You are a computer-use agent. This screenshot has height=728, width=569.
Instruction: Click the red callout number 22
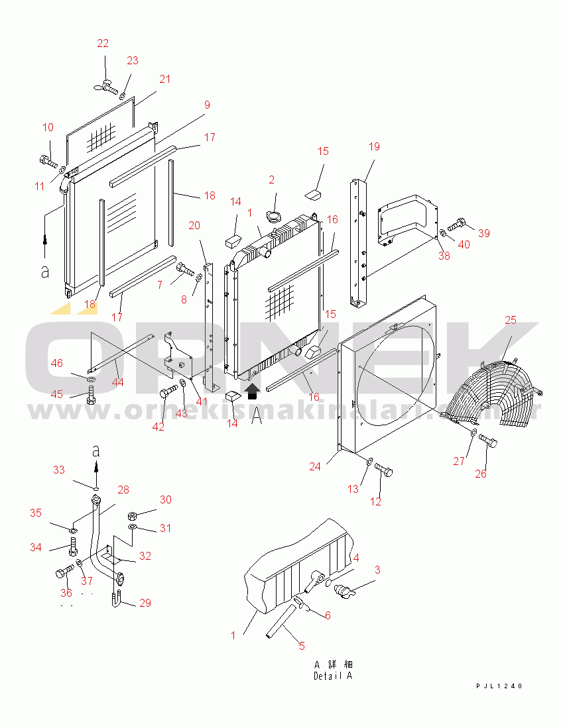click(x=103, y=44)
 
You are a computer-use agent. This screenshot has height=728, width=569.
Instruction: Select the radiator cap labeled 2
click(x=273, y=216)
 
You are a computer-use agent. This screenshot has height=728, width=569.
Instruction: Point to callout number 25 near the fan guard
click(x=510, y=321)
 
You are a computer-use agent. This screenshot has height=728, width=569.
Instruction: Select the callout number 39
click(x=483, y=233)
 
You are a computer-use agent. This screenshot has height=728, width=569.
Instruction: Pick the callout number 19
click(x=374, y=146)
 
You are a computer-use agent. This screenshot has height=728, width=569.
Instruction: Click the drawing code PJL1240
click(x=499, y=686)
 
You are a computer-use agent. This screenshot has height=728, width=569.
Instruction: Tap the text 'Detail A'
click(x=333, y=676)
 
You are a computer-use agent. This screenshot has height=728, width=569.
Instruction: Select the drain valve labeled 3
click(x=346, y=588)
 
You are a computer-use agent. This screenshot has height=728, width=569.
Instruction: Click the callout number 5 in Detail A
click(x=301, y=646)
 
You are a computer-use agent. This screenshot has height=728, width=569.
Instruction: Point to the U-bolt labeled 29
click(x=115, y=600)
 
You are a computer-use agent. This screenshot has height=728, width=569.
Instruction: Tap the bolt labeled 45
click(x=90, y=397)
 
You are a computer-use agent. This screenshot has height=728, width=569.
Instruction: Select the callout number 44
click(x=118, y=382)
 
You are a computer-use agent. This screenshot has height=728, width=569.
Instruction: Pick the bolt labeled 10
click(x=48, y=160)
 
